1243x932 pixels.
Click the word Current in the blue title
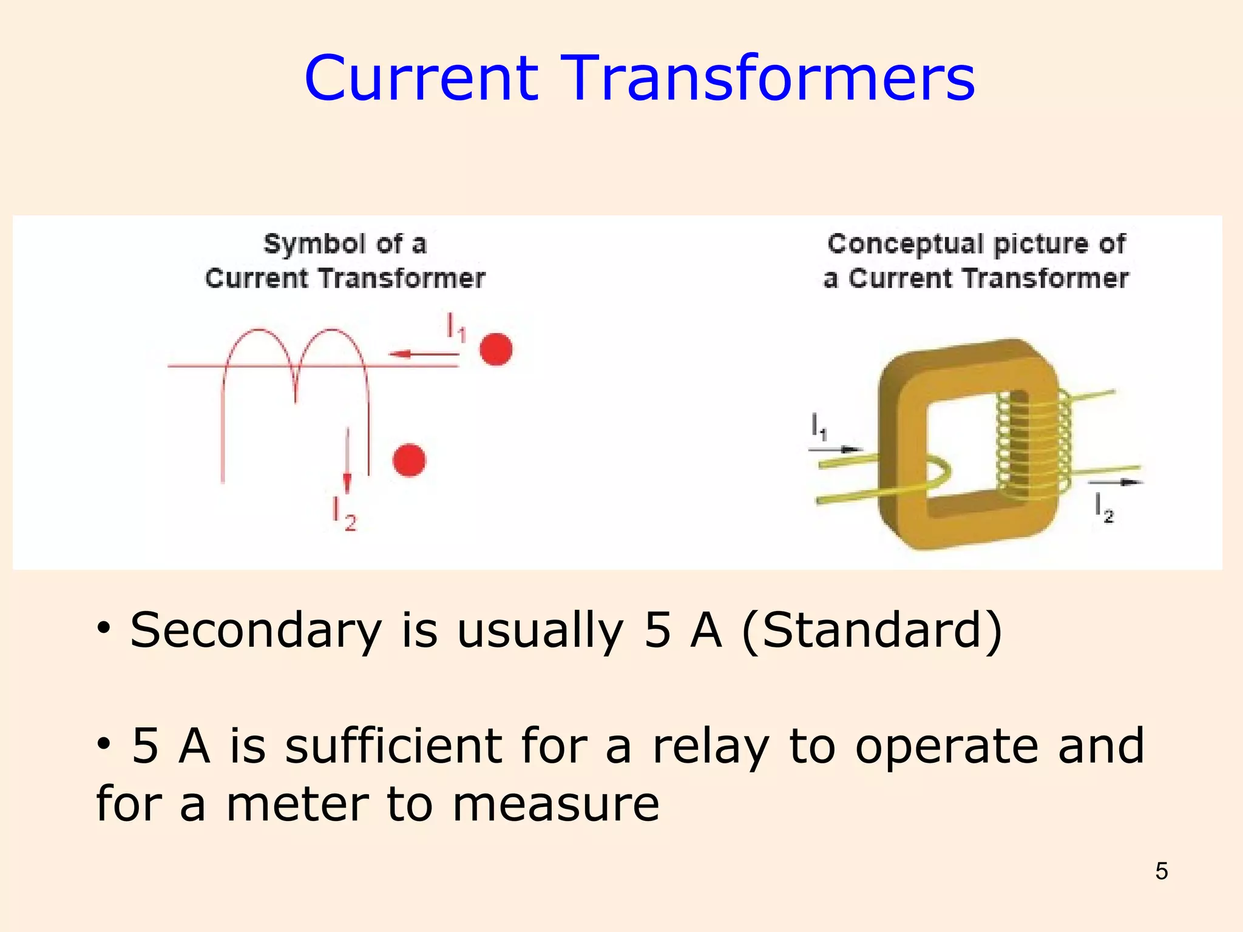pyautogui.click(x=421, y=79)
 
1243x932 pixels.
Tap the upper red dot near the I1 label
pyautogui.click(x=496, y=349)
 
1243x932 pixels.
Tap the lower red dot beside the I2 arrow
pyautogui.click(x=409, y=460)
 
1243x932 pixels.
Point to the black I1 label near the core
pyautogui.click(x=819, y=427)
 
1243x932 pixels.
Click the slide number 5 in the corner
pyautogui.click(x=1161, y=871)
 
